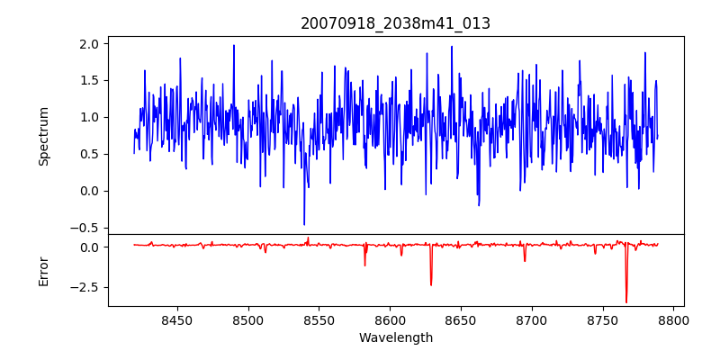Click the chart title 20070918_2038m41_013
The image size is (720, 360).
[395, 23]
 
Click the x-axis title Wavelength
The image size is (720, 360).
[395, 337]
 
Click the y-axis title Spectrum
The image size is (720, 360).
[44, 136]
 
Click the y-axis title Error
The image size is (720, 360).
[44, 270]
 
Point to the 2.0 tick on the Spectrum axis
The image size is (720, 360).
[91, 43]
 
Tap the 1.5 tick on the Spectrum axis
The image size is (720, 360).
[91, 80]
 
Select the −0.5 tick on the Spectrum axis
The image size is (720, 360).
[87, 228]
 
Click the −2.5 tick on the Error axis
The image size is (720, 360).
[87, 287]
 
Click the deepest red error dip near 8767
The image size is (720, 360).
[626, 301]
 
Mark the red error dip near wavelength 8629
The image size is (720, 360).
[431, 284]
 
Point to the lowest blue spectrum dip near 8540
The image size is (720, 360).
[304, 224]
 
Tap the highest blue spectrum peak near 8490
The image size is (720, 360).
[234, 46]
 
